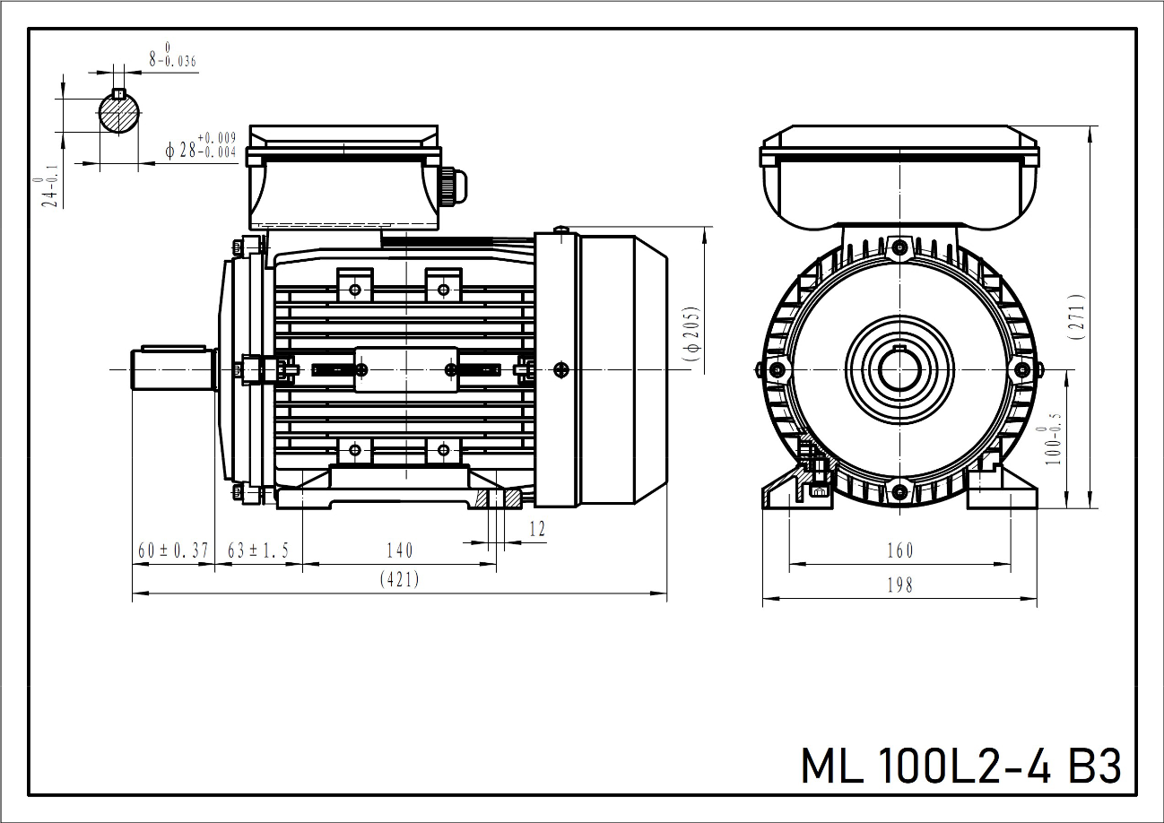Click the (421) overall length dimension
click(400, 580)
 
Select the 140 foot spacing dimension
click(400, 550)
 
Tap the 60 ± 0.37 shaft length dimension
click(172, 550)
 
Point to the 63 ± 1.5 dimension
click(258, 550)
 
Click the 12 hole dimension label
click(536, 529)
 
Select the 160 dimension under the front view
click(899, 550)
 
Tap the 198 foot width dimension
click(899, 585)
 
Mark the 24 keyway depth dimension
click(49, 191)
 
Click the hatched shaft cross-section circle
click(119, 114)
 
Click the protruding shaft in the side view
click(173, 368)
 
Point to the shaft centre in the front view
click(899, 368)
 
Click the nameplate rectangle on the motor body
click(407, 369)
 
